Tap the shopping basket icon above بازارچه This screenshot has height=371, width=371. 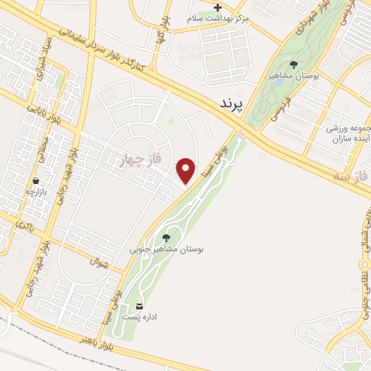coord(35,180)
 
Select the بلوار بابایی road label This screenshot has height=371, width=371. coord(44,117)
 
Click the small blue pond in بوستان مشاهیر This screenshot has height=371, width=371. coord(278,82)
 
